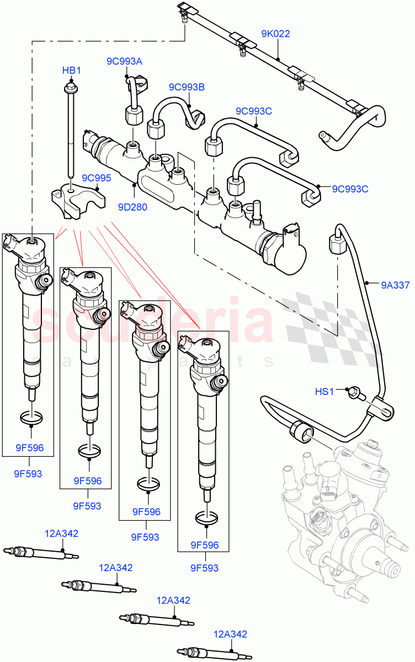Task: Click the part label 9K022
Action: (275, 34)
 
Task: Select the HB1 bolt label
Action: (71, 71)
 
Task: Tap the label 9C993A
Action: (124, 61)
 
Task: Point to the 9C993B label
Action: (187, 87)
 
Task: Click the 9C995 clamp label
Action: (97, 178)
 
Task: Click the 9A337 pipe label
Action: (395, 285)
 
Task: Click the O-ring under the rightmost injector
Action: (206, 518)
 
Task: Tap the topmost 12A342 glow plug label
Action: (61, 533)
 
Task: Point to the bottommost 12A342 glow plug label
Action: (230, 634)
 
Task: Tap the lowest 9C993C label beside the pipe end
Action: (350, 189)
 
